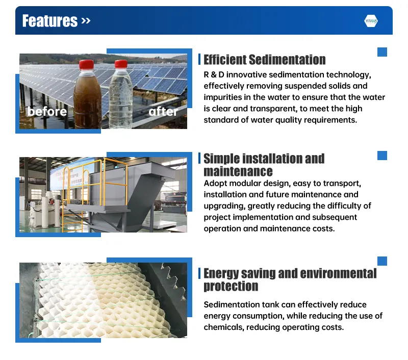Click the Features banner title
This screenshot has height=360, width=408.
50,21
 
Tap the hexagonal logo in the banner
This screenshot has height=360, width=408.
371,21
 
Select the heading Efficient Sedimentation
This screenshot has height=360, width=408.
264,60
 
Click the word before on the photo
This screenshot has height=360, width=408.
47,111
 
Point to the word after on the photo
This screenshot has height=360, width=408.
163,111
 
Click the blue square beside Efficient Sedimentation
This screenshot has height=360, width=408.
382,52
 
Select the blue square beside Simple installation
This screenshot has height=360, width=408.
382,156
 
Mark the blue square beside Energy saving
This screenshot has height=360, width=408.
382,261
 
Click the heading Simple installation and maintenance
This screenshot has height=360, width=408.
264,165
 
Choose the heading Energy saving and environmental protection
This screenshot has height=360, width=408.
290,279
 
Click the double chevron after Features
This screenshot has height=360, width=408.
85,21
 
